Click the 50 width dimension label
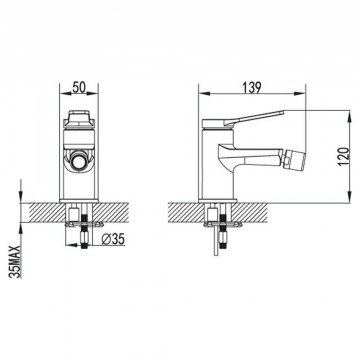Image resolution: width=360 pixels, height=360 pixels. [x=79, y=87]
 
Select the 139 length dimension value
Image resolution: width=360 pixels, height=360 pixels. [x=252, y=88]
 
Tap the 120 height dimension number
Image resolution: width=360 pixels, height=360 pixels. [x=344, y=157]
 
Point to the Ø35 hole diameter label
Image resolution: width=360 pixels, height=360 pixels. [x=113, y=239]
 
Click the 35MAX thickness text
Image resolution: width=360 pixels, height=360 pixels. [x=16, y=262]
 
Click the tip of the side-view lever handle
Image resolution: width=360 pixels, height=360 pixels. [x=283, y=113]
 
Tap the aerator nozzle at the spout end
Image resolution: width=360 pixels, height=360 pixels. [x=294, y=157]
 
